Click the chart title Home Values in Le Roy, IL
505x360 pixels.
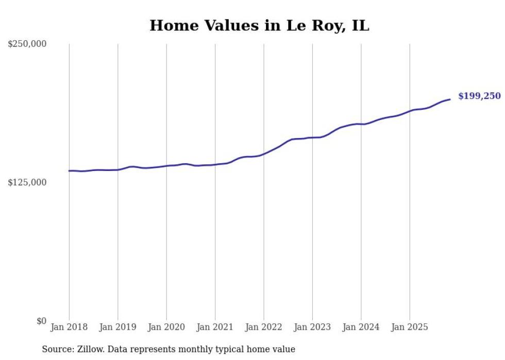tap(259, 25)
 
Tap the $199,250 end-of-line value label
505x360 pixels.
tap(479, 96)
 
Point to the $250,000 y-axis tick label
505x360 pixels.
tap(27, 44)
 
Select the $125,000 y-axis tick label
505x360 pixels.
tap(27, 182)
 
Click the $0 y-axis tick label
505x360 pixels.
tap(41, 321)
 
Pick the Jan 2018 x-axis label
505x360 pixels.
tap(69, 327)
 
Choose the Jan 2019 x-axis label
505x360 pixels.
tap(117, 327)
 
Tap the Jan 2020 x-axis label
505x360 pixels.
tap(166, 327)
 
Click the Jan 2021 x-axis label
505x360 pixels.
tap(215, 327)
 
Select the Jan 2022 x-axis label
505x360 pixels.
tap(264, 327)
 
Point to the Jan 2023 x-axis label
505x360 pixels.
tap(312, 327)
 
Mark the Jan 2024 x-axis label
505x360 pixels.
tap(361, 327)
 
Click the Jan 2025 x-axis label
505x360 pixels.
tap(410, 327)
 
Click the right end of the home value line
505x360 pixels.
tap(450, 99)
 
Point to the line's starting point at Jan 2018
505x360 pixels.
tap(69, 170)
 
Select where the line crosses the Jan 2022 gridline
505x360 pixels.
tap(264, 153)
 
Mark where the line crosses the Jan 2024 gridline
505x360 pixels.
tap(361, 124)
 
